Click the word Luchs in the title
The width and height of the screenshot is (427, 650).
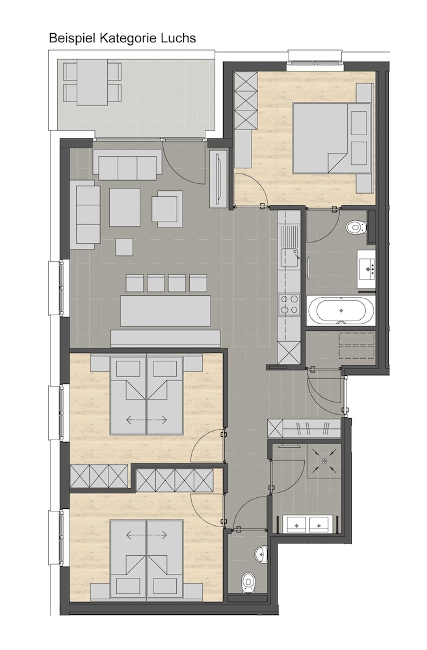(179, 38)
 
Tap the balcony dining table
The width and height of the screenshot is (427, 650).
(92, 83)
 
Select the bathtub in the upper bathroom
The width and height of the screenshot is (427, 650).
(341, 310)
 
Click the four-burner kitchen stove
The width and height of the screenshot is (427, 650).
(289, 304)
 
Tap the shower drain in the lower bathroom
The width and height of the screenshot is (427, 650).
(324, 460)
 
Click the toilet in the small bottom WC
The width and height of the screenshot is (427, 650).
(248, 582)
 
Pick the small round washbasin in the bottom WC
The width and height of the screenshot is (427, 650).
(261, 553)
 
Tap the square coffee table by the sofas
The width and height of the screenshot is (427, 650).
(124, 207)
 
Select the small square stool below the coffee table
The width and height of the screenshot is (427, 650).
(124, 247)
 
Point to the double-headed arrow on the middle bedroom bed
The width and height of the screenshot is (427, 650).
(147, 420)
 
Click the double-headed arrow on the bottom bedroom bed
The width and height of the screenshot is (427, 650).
(147, 535)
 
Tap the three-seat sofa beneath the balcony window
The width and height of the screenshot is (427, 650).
(127, 164)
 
